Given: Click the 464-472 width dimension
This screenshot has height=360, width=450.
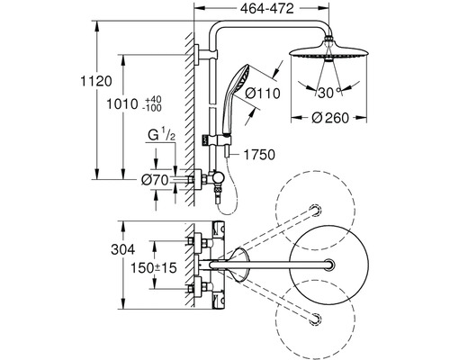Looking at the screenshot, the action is (267, 9).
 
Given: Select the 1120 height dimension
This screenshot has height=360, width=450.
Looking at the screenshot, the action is (96, 81).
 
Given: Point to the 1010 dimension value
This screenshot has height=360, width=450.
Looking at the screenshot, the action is (122, 104).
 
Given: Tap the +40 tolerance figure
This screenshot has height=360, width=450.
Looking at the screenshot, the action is (153, 99).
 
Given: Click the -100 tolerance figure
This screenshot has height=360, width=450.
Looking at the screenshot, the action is (152, 108).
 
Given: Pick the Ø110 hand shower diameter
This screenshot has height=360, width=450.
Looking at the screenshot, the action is (263, 94).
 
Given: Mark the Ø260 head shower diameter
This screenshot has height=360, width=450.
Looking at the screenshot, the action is (330, 118).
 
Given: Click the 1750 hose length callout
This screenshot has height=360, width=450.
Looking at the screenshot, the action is (259, 155).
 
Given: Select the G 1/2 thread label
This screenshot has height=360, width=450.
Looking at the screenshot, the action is (161, 134).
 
